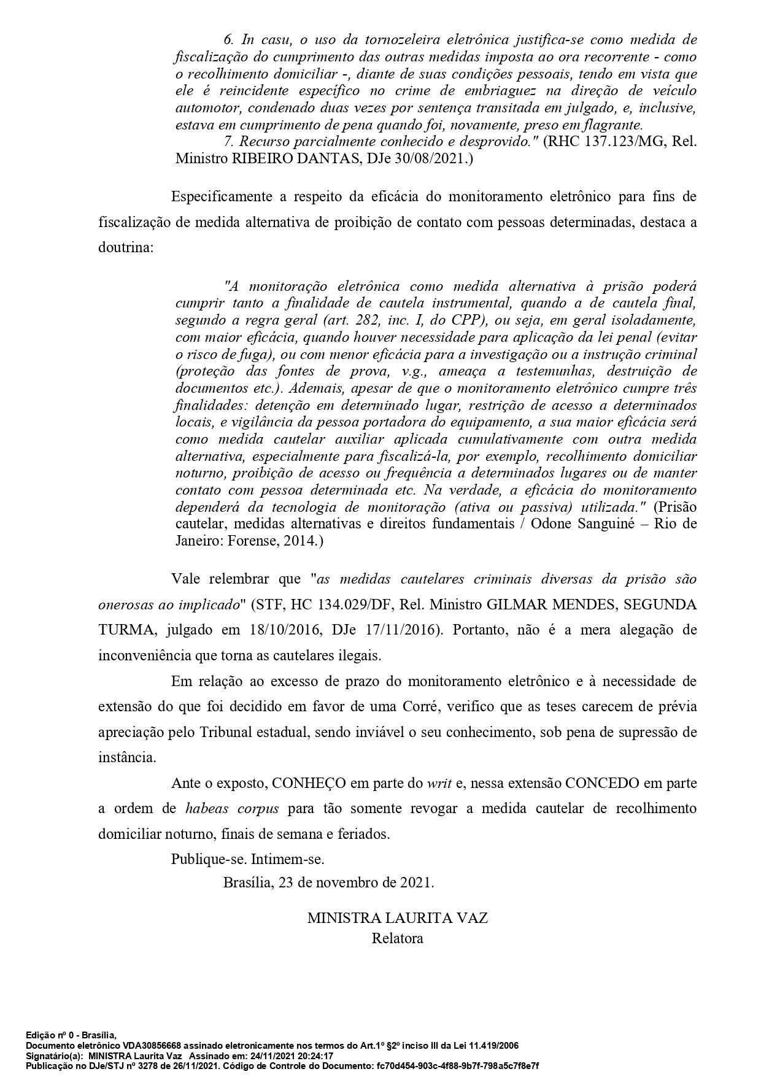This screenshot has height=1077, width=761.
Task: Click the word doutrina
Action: (x=123, y=249)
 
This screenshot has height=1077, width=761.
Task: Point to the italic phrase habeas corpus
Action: (x=232, y=809)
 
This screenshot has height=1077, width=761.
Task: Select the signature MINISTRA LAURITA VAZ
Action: (x=397, y=919)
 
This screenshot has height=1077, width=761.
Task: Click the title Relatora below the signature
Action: (x=397, y=938)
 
